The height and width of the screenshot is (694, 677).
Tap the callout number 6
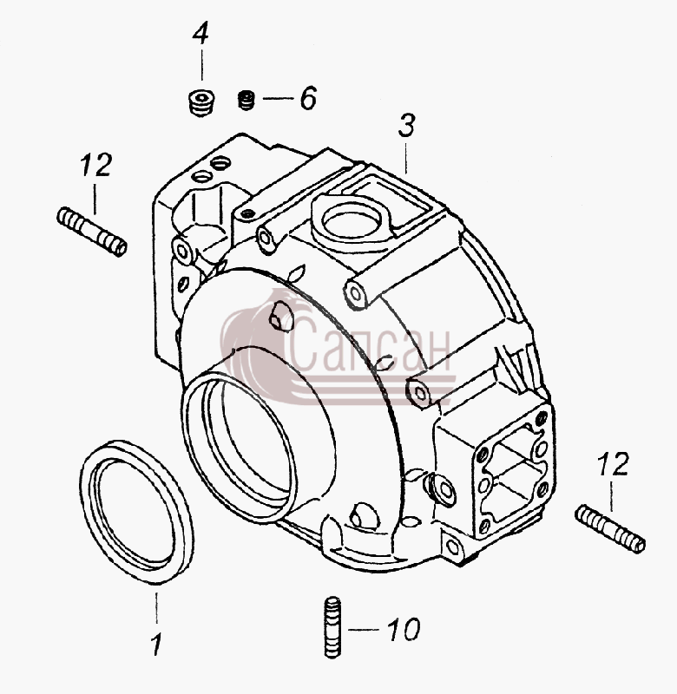coord(308,98)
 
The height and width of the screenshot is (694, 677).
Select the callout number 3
coord(406,125)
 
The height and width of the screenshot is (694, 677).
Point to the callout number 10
coord(404,629)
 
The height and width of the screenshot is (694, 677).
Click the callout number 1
coord(156,644)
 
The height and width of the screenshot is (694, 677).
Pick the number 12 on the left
coord(96,165)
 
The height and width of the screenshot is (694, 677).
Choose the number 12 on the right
coord(613,464)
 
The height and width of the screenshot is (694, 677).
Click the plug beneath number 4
coord(200,103)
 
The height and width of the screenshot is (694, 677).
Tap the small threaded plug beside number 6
coord(246,100)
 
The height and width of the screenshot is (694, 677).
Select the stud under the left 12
coord(92,232)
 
